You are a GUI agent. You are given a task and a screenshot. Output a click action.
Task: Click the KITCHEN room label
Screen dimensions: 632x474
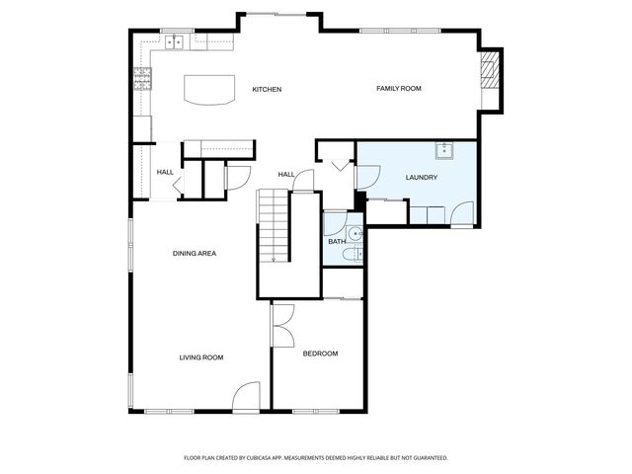tap(267, 89)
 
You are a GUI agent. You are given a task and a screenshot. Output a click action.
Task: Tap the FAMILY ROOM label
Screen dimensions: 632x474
tap(399, 88)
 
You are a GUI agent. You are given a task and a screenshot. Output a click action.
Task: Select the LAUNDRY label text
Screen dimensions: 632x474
tap(422, 177)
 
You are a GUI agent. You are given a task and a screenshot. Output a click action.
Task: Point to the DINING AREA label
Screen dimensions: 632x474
tap(195, 253)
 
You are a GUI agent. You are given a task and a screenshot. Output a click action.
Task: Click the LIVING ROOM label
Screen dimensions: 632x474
tap(201, 357)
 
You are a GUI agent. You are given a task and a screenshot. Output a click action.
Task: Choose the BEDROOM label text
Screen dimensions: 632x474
tap(320, 354)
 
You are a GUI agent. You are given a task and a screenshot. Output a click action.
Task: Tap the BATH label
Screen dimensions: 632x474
tap(337, 241)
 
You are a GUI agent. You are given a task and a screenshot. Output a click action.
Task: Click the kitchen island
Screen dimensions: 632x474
tap(209, 90)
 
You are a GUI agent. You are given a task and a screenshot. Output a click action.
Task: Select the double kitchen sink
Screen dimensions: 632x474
tap(175, 41)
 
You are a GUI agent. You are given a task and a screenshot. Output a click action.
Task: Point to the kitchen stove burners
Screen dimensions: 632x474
tap(142, 79)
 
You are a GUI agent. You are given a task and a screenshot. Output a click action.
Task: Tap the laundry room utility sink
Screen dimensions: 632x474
tap(444, 150)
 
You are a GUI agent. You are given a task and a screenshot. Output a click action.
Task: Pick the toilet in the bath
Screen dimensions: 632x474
tap(353, 255)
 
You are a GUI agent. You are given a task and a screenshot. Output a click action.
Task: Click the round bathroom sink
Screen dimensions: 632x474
tap(355, 233)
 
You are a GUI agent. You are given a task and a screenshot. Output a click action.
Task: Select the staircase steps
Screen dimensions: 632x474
tap(274, 226)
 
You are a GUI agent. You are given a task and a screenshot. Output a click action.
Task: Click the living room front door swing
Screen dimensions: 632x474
tap(245, 397)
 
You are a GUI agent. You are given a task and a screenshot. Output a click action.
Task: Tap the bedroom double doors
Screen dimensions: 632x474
tap(283, 326)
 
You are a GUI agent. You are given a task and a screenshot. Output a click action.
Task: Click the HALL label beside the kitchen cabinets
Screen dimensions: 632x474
tap(165, 172)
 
